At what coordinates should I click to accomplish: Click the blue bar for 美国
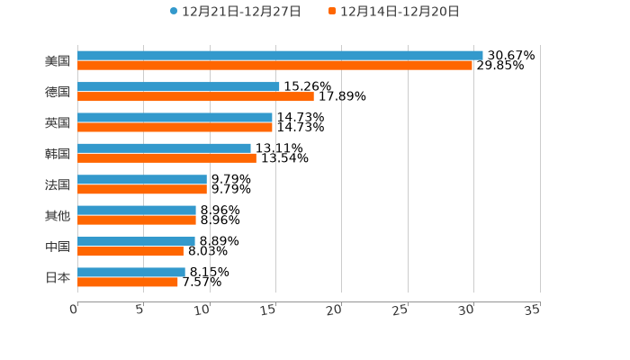point(280,55)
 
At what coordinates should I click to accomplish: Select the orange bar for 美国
point(274,66)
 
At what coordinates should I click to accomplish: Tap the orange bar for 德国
point(195,96)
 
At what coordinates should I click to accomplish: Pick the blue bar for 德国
point(178,86)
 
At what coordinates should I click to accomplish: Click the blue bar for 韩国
point(164,148)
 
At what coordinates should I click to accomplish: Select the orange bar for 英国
point(175,127)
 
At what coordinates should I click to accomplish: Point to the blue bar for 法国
point(142,179)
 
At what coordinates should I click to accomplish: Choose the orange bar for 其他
point(137,220)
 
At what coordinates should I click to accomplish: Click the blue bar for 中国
point(136,241)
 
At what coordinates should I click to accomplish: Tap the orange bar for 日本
point(128,282)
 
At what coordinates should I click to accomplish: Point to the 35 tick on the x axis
point(532,310)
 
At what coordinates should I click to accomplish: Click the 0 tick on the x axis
point(74,310)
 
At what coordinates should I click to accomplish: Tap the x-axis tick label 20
point(334,310)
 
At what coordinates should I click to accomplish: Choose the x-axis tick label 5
point(139,310)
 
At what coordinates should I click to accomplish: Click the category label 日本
point(58,277)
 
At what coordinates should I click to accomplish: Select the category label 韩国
point(58,153)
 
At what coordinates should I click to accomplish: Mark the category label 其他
point(58,215)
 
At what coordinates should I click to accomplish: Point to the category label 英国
point(58,122)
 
